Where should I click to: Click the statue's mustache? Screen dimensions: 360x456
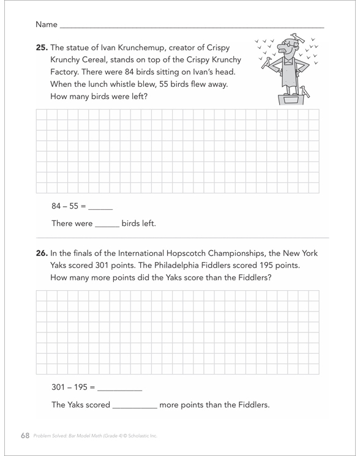pyautogui.click(x=283, y=50)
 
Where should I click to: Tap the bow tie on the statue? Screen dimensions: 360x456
pyautogui.click(x=288, y=62)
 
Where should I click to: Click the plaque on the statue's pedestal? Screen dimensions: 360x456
pyautogui.click(x=291, y=100)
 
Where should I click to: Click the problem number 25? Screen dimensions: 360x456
pyautogui.click(x=42, y=47)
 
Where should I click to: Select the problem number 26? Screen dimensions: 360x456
pyautogui.click(x=42, y=253)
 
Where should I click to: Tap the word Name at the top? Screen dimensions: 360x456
pyautogui.click(x=47, y=24)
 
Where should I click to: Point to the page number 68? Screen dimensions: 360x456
pyautogui.click(x=25, y=435)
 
